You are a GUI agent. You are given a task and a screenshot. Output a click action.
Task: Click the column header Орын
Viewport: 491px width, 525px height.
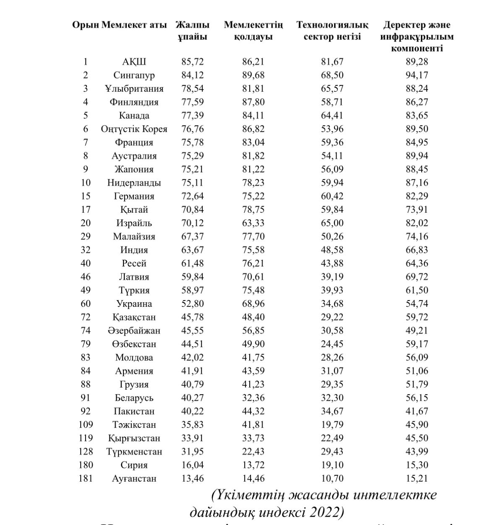[x=86, y=25]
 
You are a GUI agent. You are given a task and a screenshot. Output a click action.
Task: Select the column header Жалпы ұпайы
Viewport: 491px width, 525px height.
[x=192, y=31]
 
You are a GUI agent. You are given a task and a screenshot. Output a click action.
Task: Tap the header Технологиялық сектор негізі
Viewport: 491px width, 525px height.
[x=332, y=31]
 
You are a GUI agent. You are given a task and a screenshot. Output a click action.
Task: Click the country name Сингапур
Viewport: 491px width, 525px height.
[x=134, y=75]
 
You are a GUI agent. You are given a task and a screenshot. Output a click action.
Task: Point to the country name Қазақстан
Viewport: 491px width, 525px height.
[x=134, y=317]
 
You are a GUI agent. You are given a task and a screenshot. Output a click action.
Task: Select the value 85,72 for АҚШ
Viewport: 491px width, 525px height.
[x=192, y=62]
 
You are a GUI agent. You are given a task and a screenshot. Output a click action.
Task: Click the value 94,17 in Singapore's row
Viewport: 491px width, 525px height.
[x=417, y=75]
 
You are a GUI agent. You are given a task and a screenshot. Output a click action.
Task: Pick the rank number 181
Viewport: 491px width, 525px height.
[x=86, y=478]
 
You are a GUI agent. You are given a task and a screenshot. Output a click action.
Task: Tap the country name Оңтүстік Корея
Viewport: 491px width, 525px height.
[x=134, y=129]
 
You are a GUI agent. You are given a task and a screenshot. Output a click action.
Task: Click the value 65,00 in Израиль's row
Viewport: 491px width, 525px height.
[x=332, y=223]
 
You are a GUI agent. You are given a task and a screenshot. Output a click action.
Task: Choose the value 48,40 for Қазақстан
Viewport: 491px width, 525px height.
[x=253, y=317]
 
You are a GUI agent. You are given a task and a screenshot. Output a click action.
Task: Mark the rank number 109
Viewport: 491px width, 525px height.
[x=86, y=425]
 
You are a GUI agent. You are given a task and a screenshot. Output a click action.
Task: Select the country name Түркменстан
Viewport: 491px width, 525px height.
[x=134, y=452]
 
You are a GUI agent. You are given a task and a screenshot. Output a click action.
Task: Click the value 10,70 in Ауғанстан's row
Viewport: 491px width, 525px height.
[x=332, y=478]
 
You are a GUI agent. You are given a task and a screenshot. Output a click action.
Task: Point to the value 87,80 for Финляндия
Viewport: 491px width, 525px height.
[x=253, y=102]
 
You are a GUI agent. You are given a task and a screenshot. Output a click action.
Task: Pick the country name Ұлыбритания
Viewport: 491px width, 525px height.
[x=134, y=89]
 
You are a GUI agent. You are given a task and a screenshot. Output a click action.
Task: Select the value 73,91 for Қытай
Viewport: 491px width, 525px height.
[x=417, y=210]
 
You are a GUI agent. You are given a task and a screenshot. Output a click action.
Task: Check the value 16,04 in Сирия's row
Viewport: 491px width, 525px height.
[x=192, y=465]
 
